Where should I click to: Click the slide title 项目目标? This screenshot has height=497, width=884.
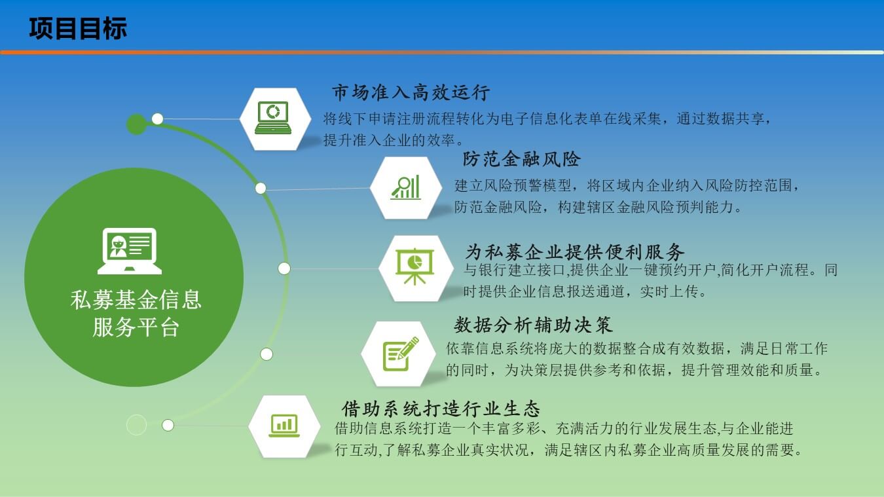tap(78, 28)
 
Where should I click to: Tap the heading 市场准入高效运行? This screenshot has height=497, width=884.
tap(411, 92)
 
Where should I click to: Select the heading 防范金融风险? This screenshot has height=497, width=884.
tap(521, 159)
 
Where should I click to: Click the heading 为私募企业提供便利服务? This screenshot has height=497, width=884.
tap(575, 251)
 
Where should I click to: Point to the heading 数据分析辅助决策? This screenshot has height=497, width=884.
tap(533, 325)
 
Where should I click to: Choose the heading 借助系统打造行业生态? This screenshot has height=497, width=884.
tap(441, 409)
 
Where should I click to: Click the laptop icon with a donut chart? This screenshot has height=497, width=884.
tap(273, 118)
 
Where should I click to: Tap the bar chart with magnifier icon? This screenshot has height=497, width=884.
tap(405, 187)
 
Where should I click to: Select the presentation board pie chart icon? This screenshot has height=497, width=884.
tap(414, 266)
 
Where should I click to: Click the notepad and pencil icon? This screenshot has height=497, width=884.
tap(400, 354)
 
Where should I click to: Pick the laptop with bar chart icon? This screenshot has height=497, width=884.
tap(284, 426)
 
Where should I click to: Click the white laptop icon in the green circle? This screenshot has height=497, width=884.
tap(130, 251)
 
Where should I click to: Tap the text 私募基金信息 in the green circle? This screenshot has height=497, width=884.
tap(136, 300)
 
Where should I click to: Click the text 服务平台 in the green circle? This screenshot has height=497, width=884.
tap(136, 327)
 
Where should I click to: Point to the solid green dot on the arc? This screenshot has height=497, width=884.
tap(137, 124)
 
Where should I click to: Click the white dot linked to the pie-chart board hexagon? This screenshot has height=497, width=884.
tap(284, 268)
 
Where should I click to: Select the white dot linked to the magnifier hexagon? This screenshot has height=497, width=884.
tap(261, 188)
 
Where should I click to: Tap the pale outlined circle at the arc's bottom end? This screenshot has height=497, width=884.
tap(137, 425)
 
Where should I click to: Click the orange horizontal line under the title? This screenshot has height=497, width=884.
tap(442, 52)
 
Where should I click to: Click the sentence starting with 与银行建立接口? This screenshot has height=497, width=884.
tap(650, 281)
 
